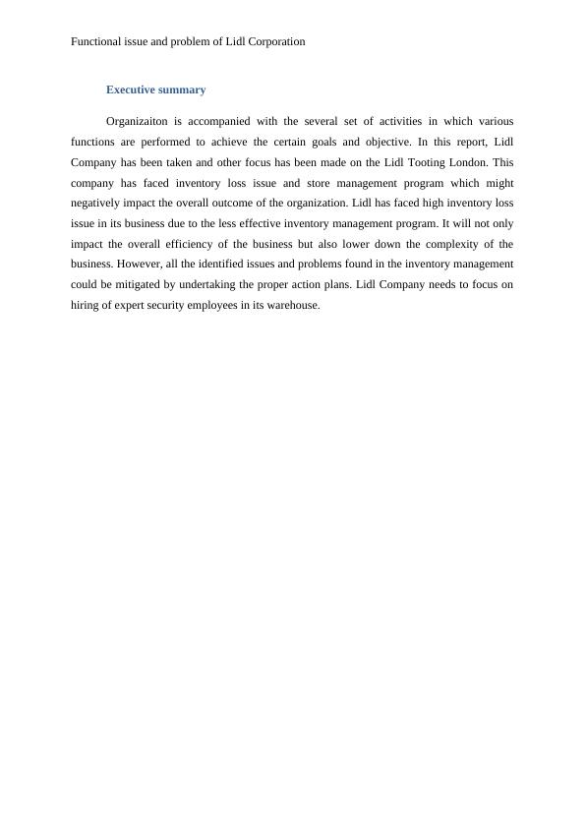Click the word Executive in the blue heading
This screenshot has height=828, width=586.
[131, 89]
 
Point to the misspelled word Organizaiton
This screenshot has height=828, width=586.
[141, 122]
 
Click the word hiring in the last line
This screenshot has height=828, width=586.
[87, 305]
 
